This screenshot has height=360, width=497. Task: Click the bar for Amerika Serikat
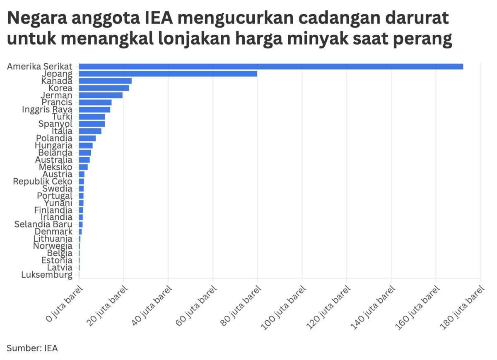271,66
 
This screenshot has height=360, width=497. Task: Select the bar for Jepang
168,74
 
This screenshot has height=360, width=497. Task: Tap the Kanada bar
105,81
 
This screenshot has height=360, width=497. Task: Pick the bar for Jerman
101,95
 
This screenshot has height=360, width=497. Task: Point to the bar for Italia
90,131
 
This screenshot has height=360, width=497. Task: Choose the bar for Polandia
87,138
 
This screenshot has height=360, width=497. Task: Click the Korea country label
60,88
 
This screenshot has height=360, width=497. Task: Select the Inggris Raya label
47,110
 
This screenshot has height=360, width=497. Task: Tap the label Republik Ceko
43,181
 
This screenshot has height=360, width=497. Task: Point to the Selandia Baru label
43,224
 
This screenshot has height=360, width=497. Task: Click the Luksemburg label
47,275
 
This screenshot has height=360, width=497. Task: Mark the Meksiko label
55,167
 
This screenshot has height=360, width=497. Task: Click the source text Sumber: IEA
32,348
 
